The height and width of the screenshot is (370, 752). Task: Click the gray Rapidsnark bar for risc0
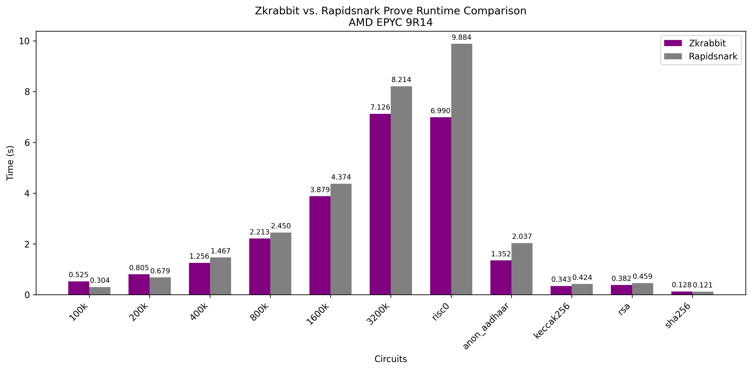point(462,169)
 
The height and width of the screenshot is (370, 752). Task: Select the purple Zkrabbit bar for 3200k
point(380,204)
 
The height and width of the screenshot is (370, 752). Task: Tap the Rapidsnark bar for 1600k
point(341,239)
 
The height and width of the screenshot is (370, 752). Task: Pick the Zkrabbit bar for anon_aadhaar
point(501,277)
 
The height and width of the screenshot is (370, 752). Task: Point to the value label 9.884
point(461,37)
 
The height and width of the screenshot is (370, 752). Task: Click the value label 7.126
point(380,107)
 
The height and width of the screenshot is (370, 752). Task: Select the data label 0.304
point(100,281)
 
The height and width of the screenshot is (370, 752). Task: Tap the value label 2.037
point(522,237)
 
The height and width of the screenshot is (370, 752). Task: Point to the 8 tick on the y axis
point(27,92)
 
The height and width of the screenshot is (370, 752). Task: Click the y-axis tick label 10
point(24,41)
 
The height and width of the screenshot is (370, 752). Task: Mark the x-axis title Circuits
point(390,359)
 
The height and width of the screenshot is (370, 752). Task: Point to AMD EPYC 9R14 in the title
point(390,23)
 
